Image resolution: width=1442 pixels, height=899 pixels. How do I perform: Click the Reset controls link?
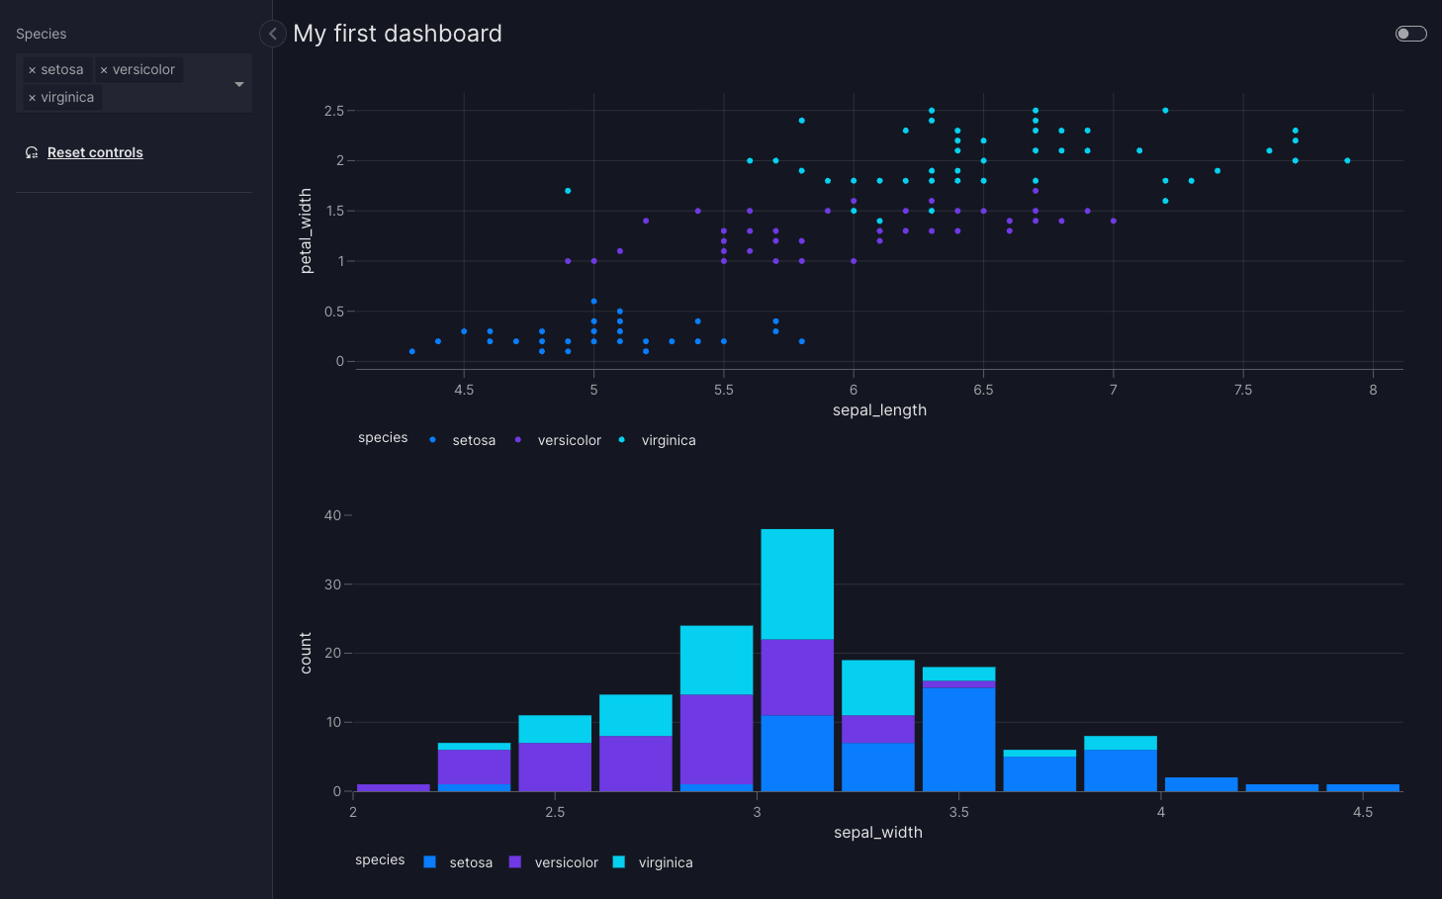pos(95,152)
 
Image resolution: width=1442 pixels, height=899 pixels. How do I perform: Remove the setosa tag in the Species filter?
pos(33,70)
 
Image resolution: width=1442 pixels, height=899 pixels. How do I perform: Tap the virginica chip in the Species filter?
pos(62,97)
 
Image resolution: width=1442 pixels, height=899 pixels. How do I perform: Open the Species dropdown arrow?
pos(238,84)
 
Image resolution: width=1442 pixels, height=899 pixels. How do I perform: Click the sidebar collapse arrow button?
pos(273,34)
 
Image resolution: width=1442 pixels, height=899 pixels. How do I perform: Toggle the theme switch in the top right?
pos(1410,34)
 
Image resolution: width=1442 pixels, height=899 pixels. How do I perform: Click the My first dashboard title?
pos(398,34)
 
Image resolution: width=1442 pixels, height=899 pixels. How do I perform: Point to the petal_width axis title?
pos(306,231)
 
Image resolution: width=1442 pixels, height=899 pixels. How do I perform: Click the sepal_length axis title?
pos(879,409)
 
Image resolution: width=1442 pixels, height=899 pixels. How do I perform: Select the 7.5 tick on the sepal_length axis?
pos(1243,390)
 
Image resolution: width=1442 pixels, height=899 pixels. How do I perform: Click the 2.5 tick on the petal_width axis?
pos(334,111)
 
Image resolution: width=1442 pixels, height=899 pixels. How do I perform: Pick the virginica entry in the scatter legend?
pos(669,440)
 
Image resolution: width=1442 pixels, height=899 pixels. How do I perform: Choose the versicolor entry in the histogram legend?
pos(566,862)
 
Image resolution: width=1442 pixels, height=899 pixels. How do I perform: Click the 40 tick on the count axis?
pos(333,515)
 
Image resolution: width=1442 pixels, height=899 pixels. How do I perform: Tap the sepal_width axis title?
pos(878,832)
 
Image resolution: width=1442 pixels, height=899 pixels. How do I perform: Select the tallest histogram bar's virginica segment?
pos(797,584)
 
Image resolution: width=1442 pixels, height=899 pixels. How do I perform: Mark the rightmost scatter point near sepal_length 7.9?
pos(1347,161)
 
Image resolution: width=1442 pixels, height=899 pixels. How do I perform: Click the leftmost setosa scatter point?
pos(412,351)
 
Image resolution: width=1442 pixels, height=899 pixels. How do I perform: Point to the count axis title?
pos(306,653)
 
